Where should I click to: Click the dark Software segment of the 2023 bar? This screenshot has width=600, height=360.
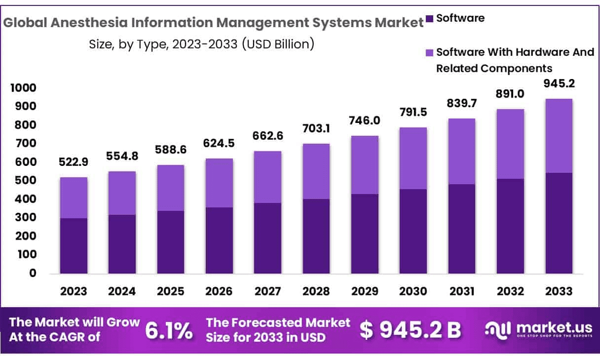tap(74, 245)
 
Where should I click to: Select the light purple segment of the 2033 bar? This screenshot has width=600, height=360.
tap(559, 136)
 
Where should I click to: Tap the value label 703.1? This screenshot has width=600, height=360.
tap(316, 129)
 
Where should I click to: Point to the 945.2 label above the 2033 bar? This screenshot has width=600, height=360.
tap(559, 83)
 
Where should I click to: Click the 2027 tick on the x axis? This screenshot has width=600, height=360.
tap(267, 291)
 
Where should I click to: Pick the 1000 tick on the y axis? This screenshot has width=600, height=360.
tap(23, 88)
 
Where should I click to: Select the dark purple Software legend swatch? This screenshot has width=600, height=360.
tap(429, 19)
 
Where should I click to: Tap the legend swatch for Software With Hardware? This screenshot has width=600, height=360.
tap(429, 52)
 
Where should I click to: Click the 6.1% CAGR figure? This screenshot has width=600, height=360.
tap(168, 330)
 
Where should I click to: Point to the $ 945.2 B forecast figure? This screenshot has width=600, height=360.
tap(410, 330)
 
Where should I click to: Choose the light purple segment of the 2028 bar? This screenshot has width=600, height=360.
tap(316, 171)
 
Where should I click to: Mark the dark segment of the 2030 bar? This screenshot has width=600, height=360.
tap(413, 231)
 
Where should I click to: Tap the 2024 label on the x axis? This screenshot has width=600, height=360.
tap(122, 291)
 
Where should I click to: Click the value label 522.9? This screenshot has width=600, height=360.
tap(74, 163)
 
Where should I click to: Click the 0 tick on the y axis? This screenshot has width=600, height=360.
tap(33, 273)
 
